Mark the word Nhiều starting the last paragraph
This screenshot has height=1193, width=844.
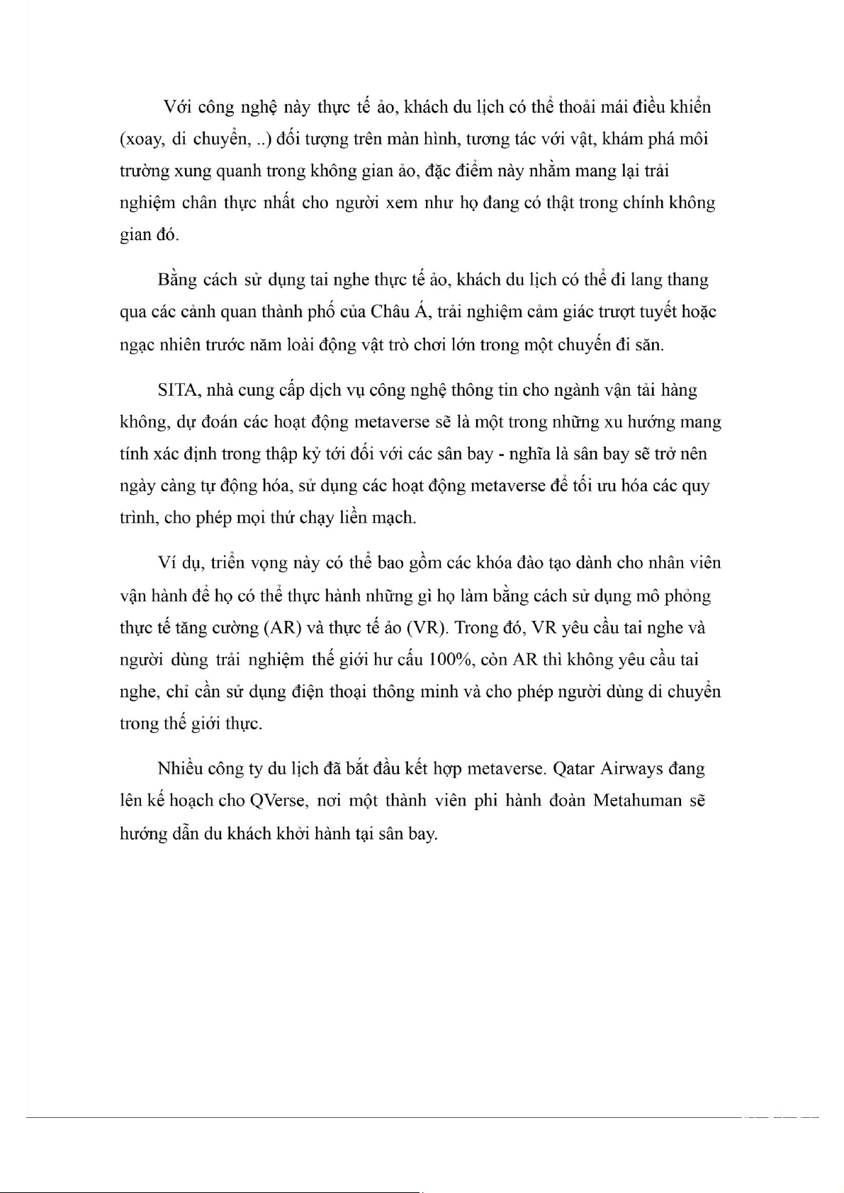(x=181, y=769)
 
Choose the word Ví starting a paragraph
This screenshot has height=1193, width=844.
(x=167, y=564)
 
